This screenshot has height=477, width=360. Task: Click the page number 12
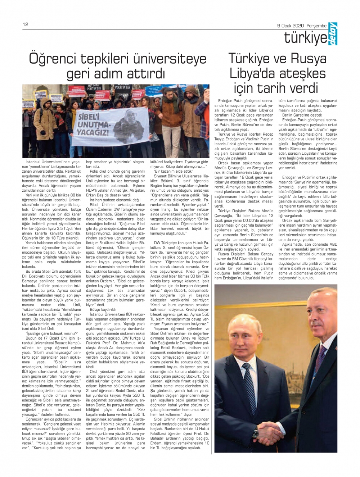tap(25, 24)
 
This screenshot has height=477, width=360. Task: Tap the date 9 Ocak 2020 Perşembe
tap(302, 26)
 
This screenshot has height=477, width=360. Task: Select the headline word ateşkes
tap(302, 73)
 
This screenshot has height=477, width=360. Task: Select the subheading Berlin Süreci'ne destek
tap(297, 115)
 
